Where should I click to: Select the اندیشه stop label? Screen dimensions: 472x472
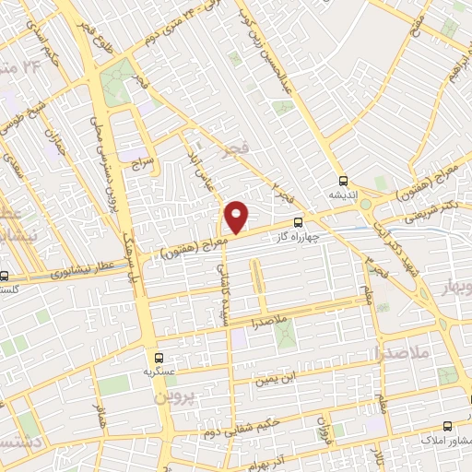point(343,195)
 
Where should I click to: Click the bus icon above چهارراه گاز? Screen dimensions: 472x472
point(298,222)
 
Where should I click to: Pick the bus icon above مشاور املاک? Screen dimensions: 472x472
point(447,426)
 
